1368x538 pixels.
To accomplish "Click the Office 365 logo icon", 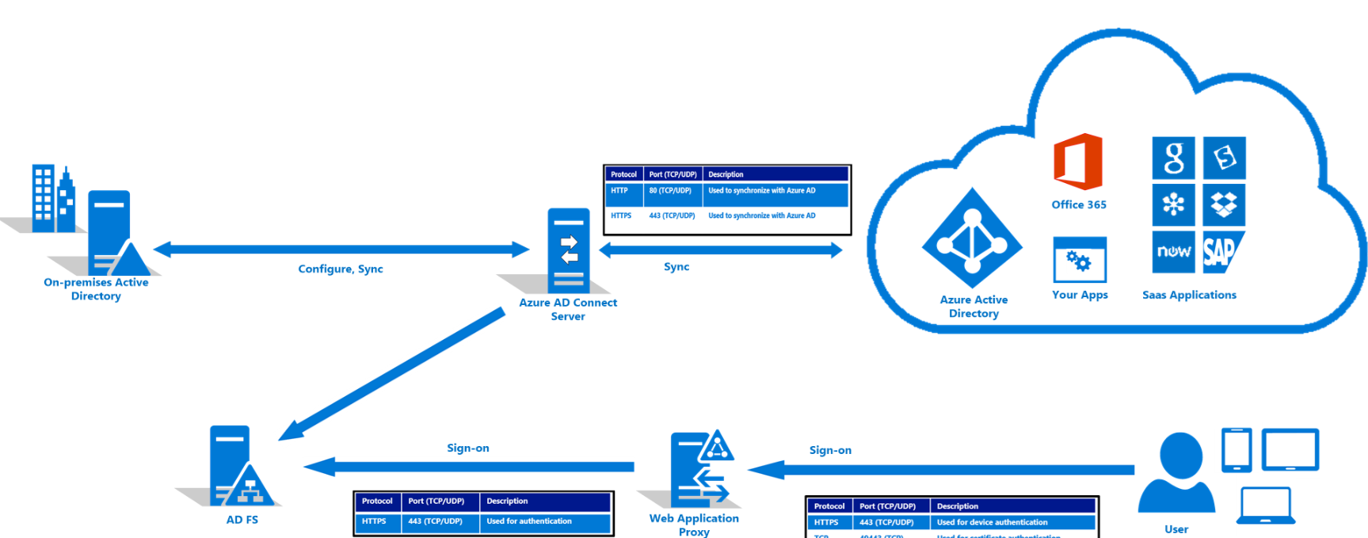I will (x=1078, y=162).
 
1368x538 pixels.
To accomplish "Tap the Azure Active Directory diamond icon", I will (x=973, y=238).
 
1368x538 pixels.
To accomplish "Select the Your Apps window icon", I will (x=1080, y=259).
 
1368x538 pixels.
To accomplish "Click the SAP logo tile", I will (x=1222, y=252).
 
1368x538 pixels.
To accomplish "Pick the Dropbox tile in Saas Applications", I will (x=1224, y=204).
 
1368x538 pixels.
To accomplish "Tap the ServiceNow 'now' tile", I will (x=1173, y=251).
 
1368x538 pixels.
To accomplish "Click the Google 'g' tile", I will (x=1173, y=158).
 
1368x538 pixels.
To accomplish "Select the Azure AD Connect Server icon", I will (x=568, y=251).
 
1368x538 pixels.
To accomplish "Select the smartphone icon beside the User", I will (x=1236, y=450).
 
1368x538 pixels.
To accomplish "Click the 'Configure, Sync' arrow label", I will (x=341, y=269).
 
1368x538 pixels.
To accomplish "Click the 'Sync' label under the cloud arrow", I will (x=676, y=267).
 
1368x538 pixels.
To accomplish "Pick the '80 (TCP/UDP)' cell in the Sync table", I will (x=670, y=191).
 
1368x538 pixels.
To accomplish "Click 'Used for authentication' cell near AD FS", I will (x=529, y=521).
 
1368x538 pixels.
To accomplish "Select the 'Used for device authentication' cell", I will (x=992, y=522).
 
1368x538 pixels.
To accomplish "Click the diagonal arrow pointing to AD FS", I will (x=392, y=374).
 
